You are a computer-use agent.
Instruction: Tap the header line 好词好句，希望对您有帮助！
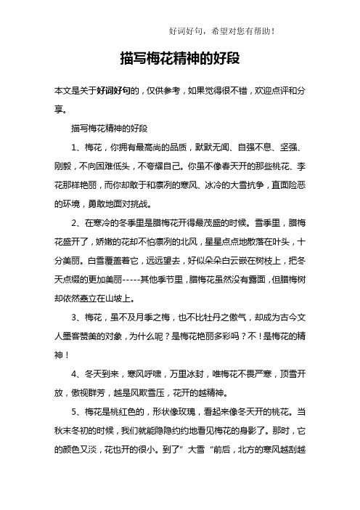(221, 31)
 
